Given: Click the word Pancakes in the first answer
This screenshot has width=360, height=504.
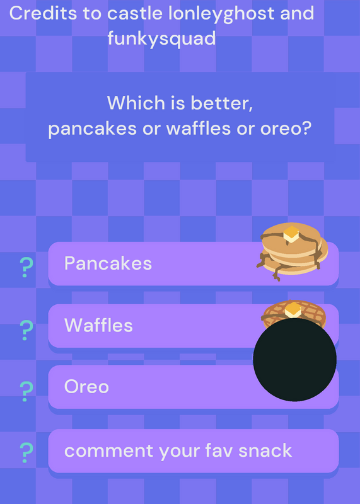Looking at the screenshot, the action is coord(108,263).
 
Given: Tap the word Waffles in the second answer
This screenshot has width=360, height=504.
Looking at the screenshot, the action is coord(98,325).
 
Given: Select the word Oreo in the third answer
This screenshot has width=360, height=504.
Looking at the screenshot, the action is coord(86,386).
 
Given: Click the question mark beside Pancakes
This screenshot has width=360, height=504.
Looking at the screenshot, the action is coord(26,267).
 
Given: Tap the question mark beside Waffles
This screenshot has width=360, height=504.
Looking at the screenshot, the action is coord(26,330).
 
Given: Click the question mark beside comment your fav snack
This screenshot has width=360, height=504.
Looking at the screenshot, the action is coord(26,452).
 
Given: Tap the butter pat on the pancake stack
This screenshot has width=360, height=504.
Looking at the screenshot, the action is coord(291,234).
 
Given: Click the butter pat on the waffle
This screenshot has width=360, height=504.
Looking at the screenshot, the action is coord(293,309).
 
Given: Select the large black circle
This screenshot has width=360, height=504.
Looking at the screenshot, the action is coord(294,359).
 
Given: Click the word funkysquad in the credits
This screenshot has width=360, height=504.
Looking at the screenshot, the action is coord(161,39).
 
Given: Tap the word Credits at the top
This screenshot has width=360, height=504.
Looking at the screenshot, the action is coord(44,13).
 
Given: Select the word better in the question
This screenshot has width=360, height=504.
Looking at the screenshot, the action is coord(222,103).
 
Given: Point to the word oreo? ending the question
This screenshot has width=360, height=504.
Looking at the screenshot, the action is coord(286,129).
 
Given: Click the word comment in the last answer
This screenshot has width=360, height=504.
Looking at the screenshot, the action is coord(108,451).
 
